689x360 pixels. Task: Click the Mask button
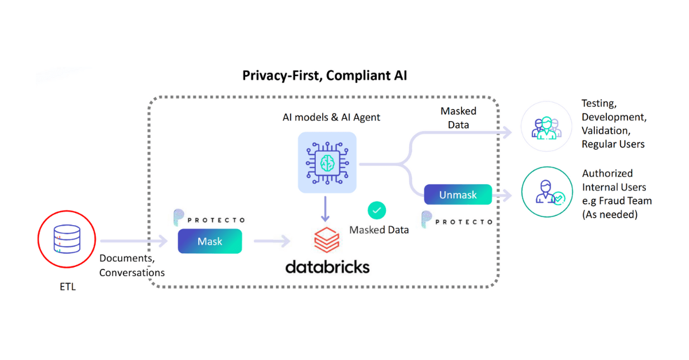tap(210, 241)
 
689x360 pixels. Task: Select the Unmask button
tap(458, 195)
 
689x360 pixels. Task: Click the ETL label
tap(67, 287)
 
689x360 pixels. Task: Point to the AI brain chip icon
tap(327, 162)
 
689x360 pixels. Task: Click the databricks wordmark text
tap(327, 267)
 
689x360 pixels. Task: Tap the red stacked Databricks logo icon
tap(326, 240)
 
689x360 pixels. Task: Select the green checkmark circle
tap(377, 211)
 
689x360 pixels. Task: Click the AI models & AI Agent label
tap(331, 117)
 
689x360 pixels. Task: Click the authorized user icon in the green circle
tap(546, 192)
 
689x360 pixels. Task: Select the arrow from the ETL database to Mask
tap(133, 242)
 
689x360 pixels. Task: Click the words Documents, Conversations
tap(131, 265)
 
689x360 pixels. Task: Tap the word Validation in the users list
tap(605, 130)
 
